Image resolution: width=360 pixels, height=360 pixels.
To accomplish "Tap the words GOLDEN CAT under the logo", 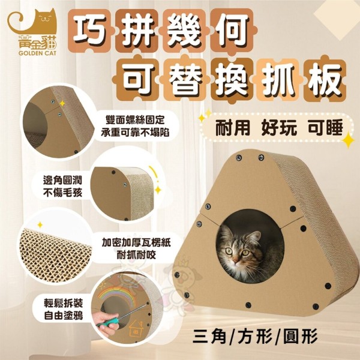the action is click(x=37, y=54).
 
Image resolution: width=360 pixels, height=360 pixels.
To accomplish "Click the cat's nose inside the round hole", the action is click(x=236, y=260).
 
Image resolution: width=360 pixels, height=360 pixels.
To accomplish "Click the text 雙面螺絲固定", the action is click(x=136, y=121).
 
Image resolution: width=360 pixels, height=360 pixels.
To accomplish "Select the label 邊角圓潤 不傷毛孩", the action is click(x=62, y=186).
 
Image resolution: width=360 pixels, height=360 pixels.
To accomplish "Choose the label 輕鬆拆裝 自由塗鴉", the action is click(x=64, y=310).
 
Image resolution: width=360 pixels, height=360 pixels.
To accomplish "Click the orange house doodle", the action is click(x=136, y=327).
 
